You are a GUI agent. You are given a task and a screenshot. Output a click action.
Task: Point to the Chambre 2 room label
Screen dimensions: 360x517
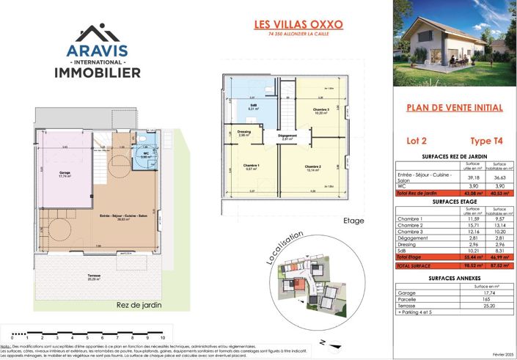pyautogui.click(x=315, y=166)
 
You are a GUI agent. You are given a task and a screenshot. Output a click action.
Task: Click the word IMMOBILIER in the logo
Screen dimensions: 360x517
pyautogui.click(x=98, y=73)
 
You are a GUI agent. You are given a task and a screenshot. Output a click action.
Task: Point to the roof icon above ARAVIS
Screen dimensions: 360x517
pyautogui.click(x=97, y=33)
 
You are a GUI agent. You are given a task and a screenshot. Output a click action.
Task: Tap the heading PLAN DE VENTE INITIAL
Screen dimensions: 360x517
pyautogui.click(x=454, y=108)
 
